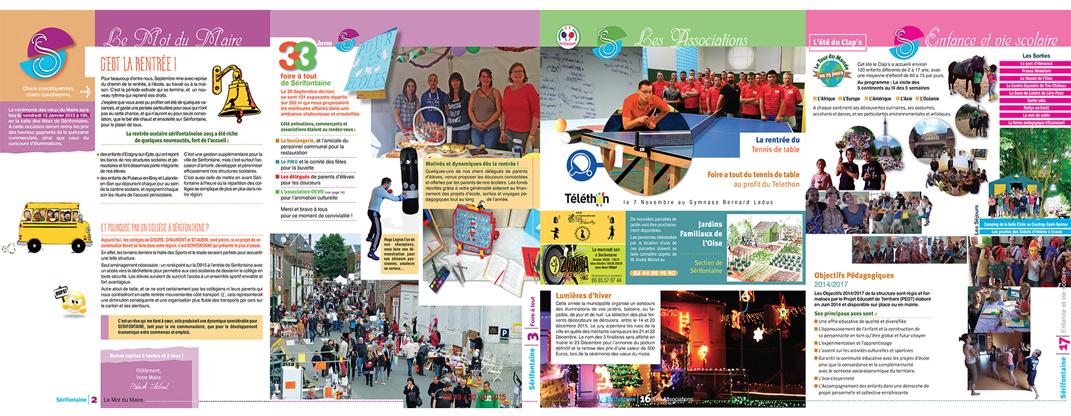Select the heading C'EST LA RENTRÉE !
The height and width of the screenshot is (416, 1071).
(138, 64)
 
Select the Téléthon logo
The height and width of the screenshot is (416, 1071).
(587, 199)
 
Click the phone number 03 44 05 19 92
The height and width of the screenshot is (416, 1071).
(654, 273)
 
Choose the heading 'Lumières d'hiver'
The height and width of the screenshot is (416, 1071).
(583, 296)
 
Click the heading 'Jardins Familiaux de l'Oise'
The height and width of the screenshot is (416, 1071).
(702, 234)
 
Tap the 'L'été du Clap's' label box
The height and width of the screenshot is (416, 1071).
(837, 42)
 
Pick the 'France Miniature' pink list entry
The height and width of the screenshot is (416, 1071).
(1036, 71)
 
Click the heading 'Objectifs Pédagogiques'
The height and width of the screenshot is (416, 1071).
(854, 276)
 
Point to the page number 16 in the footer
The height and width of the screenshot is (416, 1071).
(645, 398)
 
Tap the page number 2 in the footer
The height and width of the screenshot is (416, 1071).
(94, 400)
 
